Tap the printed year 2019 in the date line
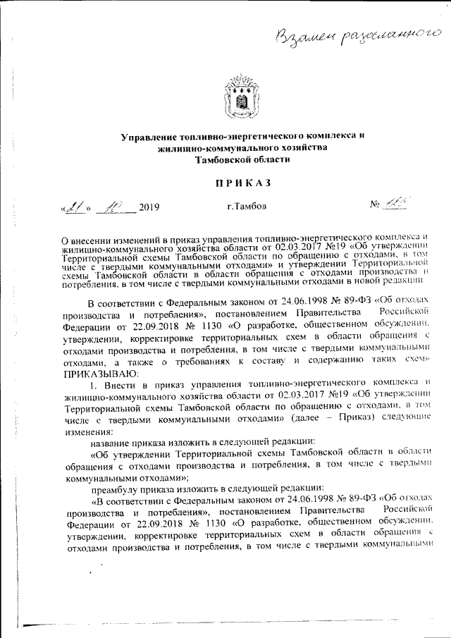(149, 207)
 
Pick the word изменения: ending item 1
(85, 431)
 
